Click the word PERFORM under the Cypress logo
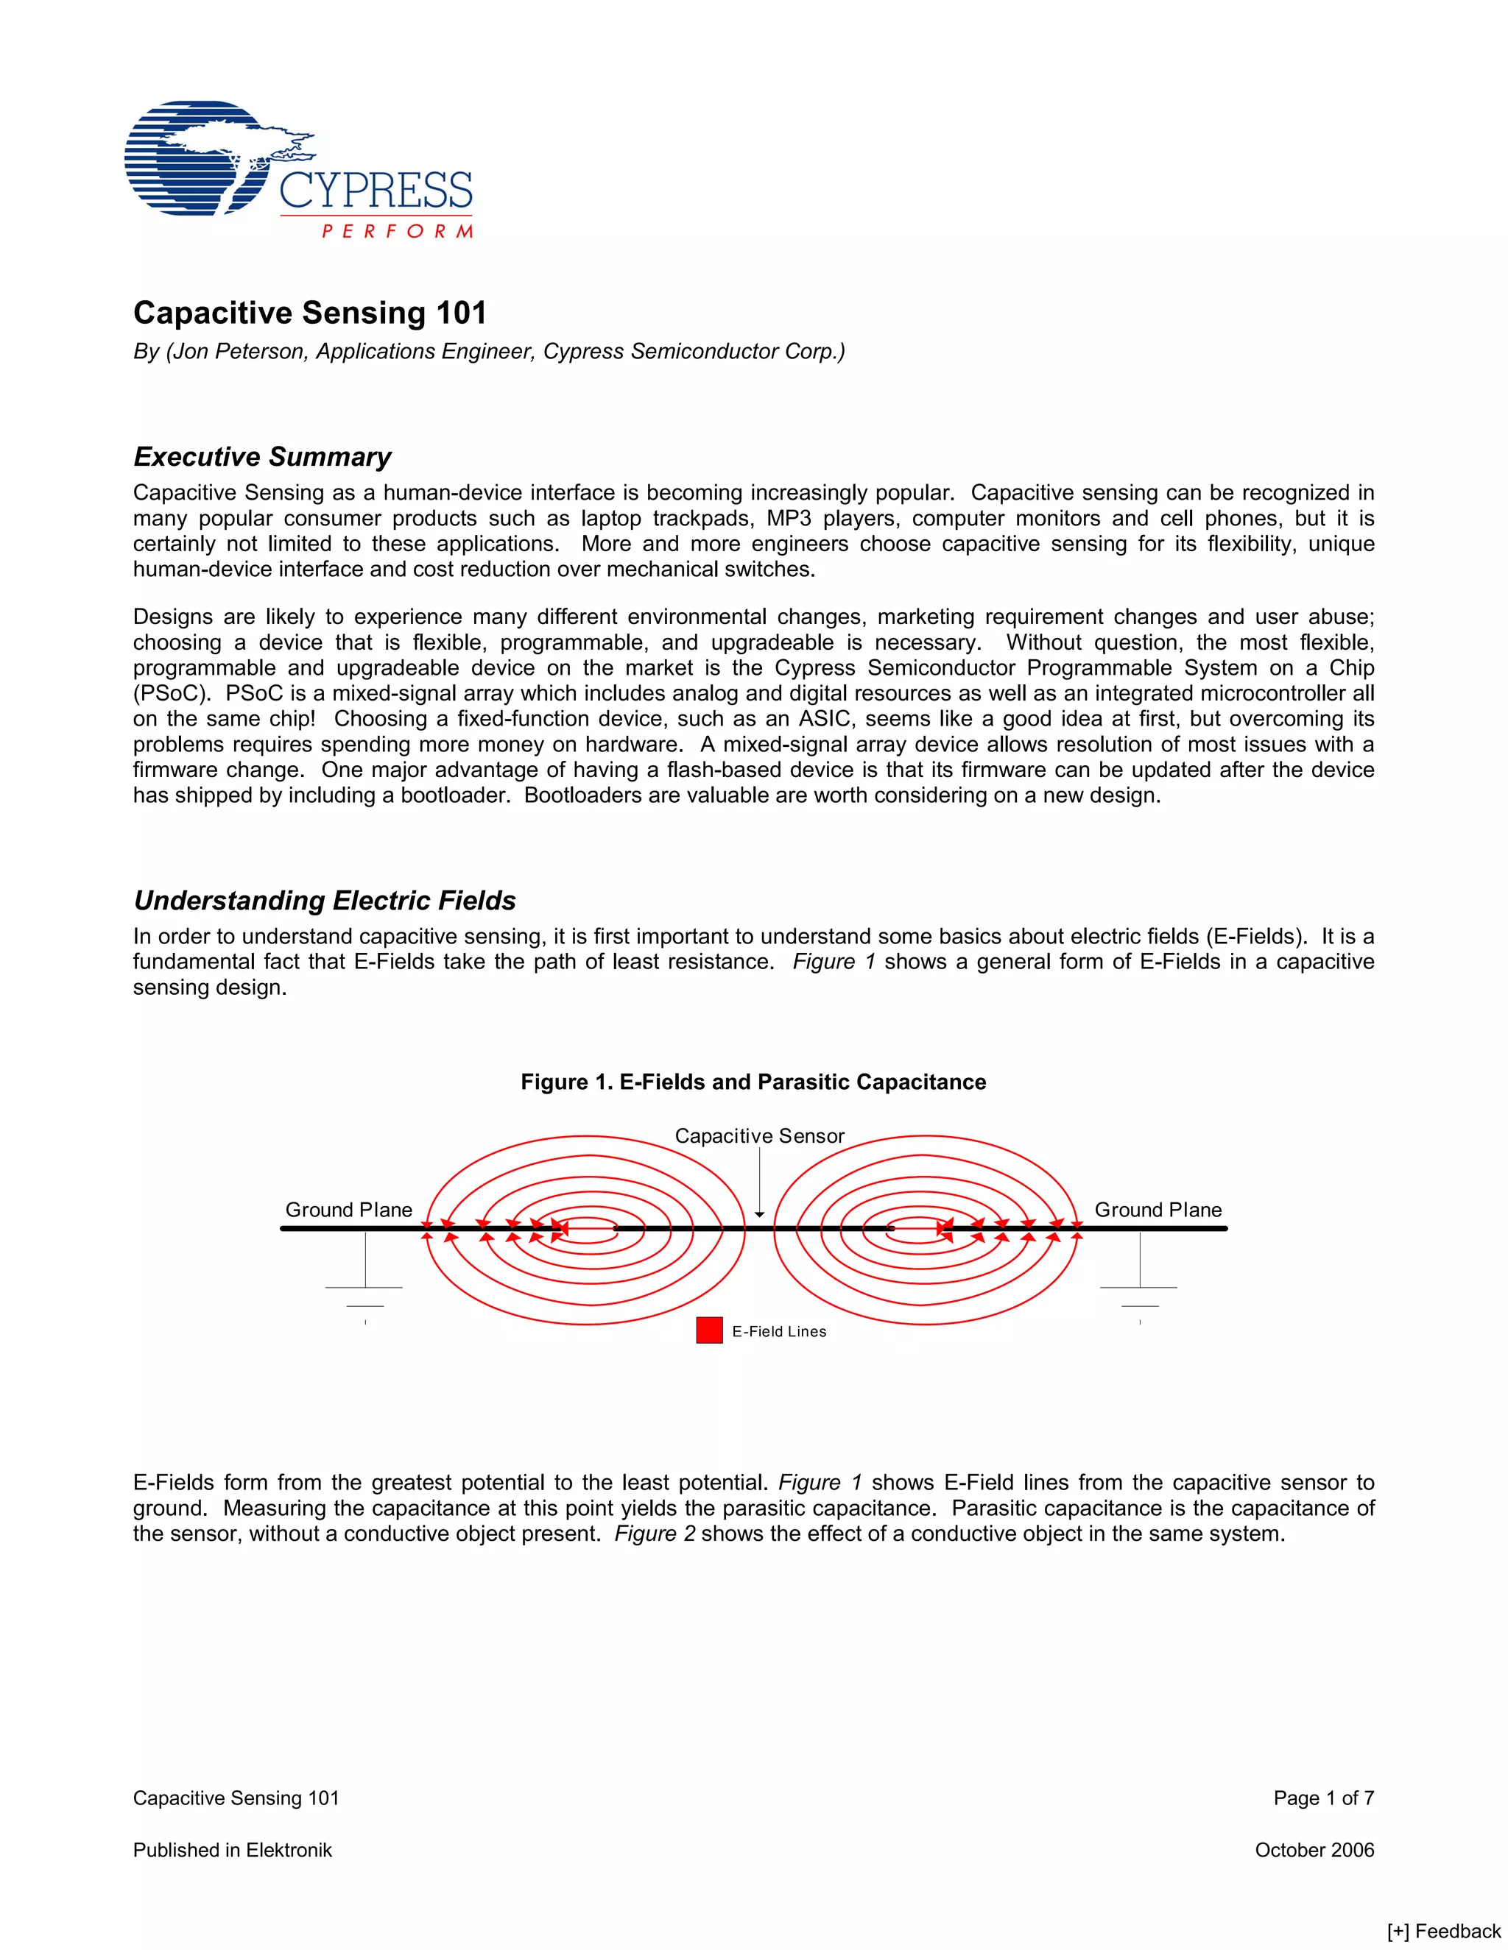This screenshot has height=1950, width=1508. [397, 231]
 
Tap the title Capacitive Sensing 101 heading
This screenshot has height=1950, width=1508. [310, 313]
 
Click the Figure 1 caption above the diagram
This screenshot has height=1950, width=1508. [753, 1082]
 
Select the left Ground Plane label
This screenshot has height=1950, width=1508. [348, 1210]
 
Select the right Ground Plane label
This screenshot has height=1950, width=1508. [1158, 1210]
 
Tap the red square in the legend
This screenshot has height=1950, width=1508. [709, 1330]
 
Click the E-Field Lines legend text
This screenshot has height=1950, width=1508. [779, 1331]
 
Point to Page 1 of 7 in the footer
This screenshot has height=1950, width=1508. [1323, 1798]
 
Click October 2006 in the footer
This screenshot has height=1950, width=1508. [1314, 1850]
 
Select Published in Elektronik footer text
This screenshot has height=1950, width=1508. [232, 1850]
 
